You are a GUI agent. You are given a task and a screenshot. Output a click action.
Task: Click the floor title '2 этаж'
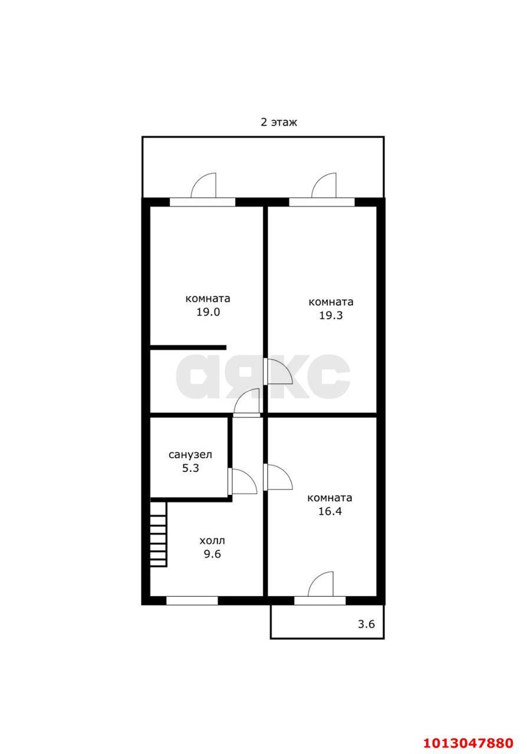point(279,122)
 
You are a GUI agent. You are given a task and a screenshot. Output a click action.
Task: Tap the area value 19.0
point(208,312)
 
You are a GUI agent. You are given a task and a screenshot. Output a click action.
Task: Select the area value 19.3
point(331,315)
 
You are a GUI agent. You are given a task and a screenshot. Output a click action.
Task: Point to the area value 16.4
point(330,511)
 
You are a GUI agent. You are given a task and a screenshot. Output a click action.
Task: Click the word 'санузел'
point(190,455)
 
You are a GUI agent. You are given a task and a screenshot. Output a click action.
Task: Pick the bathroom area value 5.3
point(191,468)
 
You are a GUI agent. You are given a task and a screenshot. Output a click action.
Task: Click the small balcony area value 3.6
point(366,624)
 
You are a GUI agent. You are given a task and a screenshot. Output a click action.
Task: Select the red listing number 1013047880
point(469,740)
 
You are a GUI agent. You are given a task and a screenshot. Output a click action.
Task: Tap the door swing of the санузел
point(243,481)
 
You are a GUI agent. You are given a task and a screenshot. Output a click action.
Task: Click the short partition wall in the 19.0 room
point(188,348)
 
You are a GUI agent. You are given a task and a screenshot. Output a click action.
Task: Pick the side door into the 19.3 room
point(278,372)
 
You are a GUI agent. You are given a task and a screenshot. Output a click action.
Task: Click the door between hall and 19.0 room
point(247,402)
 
